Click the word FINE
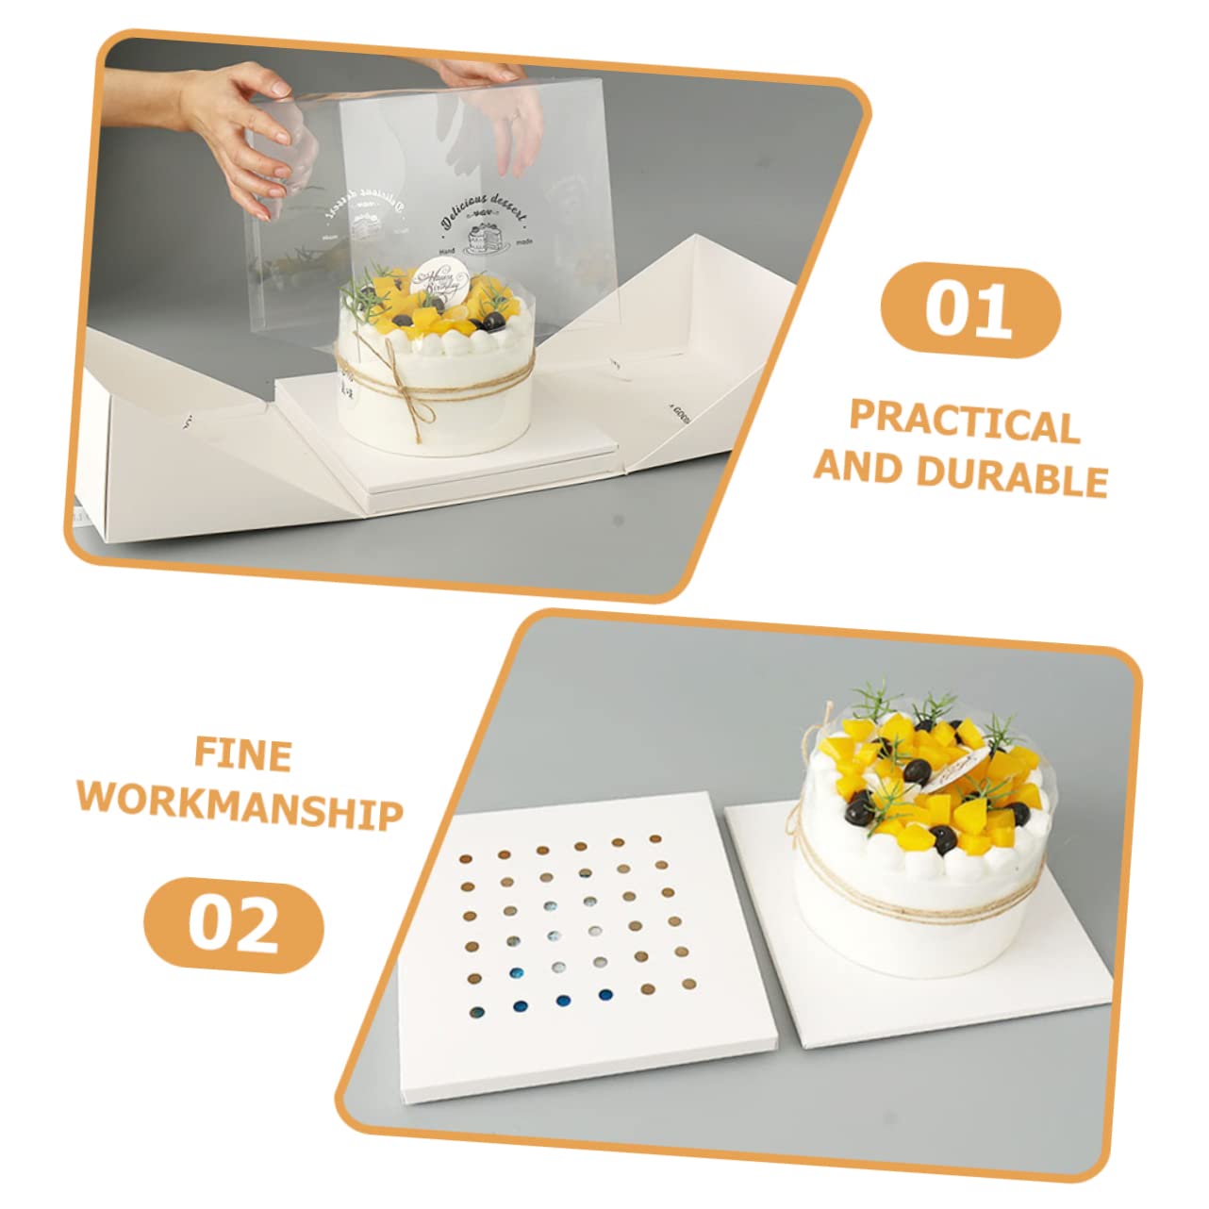coord(243,754)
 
